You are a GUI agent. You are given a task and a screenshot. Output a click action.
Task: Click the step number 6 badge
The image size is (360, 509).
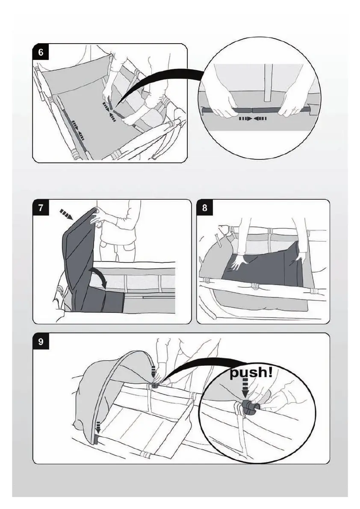[41, 52]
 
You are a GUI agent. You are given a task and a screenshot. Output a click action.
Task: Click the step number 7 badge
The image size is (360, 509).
[41, 208]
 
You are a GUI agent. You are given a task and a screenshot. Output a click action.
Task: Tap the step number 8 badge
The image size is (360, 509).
[205, 208]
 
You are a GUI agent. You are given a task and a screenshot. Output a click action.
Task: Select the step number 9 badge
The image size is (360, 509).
[41, 342]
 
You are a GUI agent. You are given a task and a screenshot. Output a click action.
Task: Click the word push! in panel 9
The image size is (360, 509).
[251, 373]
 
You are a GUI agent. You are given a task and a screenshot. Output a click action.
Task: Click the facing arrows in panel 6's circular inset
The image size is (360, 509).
[253, 118]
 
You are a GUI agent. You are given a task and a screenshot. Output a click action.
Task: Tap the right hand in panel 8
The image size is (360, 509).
[300, 256]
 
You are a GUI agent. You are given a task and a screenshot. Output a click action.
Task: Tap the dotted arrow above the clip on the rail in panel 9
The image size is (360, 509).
[154, 369]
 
